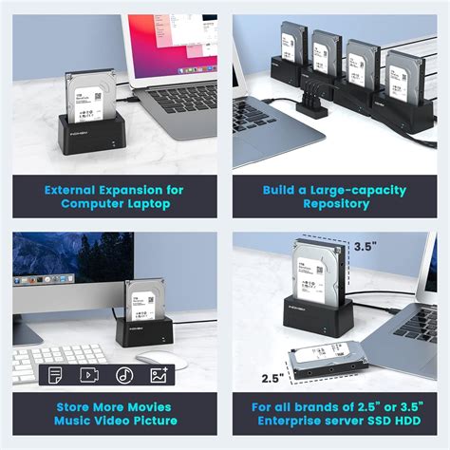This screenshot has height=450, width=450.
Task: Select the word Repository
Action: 329,203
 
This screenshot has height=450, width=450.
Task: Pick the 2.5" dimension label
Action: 272,378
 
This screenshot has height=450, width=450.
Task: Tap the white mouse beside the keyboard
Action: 161,359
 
